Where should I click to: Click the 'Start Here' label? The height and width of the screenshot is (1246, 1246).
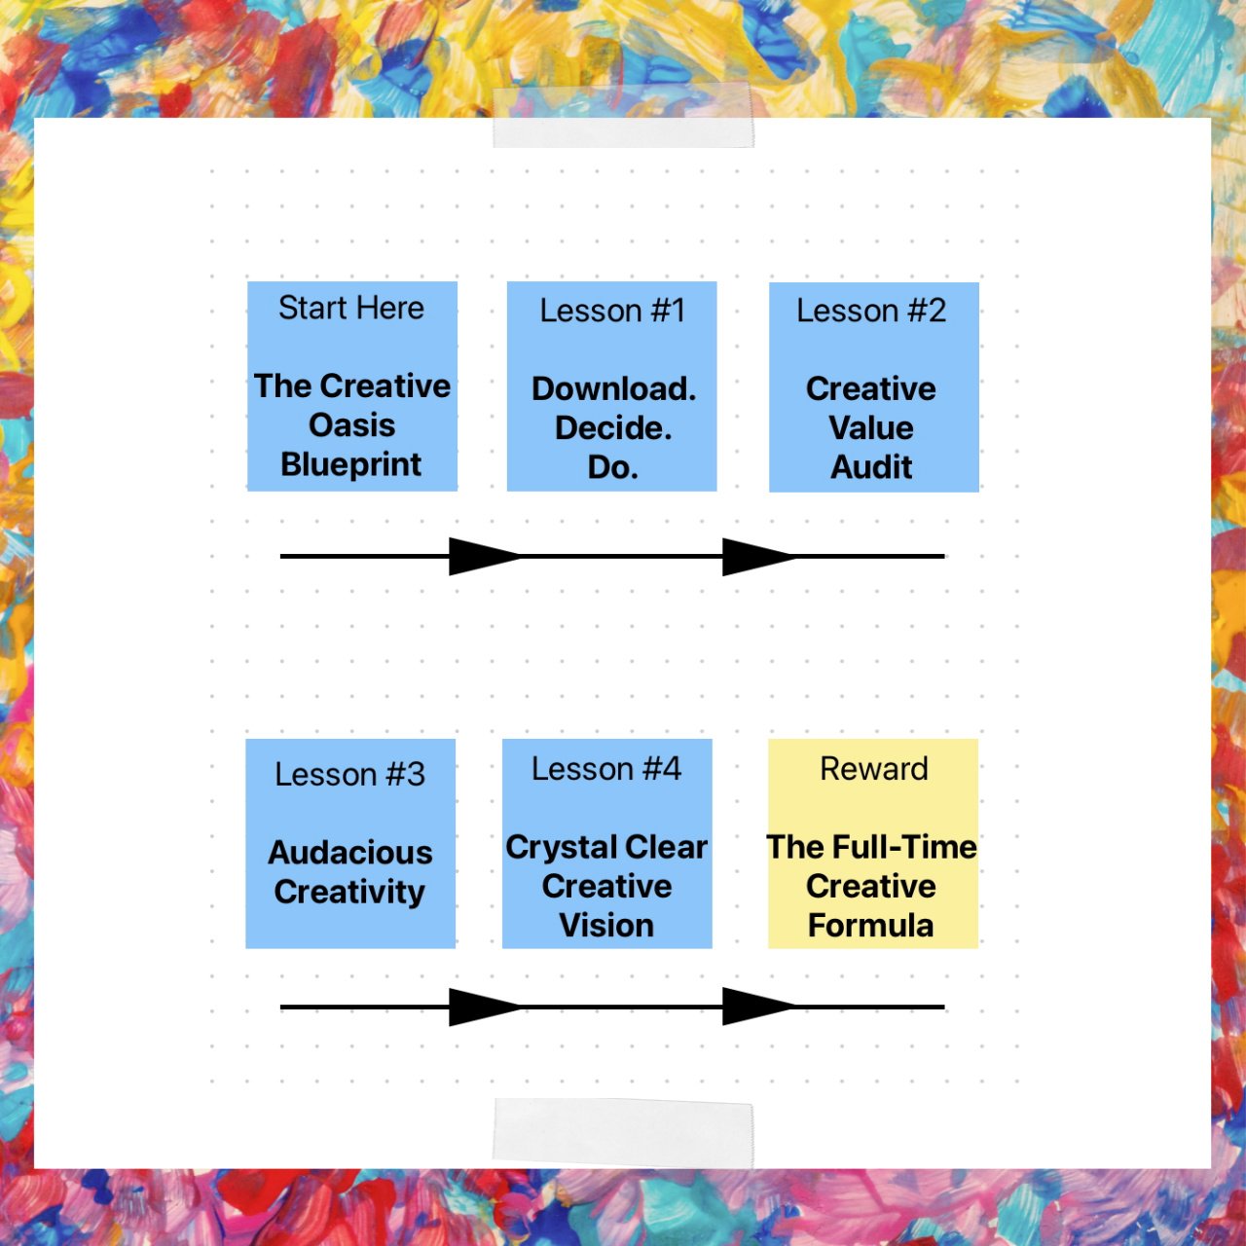(x=351, y=309)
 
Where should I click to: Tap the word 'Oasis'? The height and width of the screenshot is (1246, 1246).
(x=351, y=425)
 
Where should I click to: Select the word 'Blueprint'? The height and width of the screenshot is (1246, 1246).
(x=351, y=464)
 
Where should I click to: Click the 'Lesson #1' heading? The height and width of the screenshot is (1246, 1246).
(x=612, y=311)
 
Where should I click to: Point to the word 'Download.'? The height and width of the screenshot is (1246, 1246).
(x=613, y=389)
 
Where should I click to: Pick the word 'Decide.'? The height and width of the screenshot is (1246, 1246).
(x=613, y=428)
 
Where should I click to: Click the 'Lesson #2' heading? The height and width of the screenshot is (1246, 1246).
(x=871, y=311)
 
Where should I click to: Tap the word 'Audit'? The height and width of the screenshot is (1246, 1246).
(x=871, y=467)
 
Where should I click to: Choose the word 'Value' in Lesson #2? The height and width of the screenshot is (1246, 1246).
(x=871, y=428)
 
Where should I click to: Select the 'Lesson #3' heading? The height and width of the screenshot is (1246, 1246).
(x=350, y=775)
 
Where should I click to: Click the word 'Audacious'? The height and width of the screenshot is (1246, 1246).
(x=350, y=853)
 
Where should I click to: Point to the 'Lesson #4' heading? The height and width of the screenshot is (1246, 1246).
(x=606, y=769)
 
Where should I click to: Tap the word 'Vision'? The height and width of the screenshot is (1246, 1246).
(x=606, y=925)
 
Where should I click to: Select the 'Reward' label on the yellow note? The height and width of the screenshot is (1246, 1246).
(x=873, y=769)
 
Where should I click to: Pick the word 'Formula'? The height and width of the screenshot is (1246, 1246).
(x=871, y=925)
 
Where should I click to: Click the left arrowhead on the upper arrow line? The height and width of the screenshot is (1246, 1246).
(x=484, y=556)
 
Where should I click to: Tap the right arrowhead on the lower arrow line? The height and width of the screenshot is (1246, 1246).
(x=757, y=1007)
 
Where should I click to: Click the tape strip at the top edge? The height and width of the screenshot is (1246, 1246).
(x=623, y=118)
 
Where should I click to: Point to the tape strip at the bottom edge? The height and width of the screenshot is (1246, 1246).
(x=623, y=1133)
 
